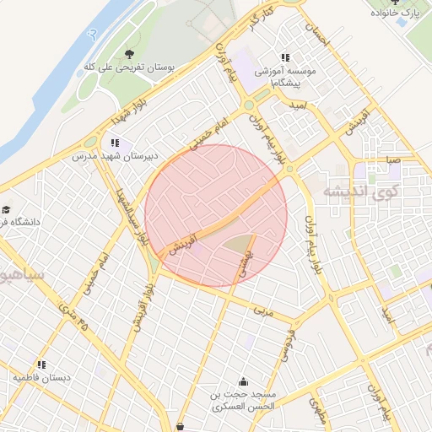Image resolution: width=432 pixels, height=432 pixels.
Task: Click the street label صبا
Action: [x=391, y=159]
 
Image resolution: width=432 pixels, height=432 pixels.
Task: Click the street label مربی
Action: [x=264, y=310]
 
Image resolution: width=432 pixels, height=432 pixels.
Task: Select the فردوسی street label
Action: [x=293, y=337]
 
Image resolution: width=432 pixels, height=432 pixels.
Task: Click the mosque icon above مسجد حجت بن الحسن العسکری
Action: [x=244, y=381]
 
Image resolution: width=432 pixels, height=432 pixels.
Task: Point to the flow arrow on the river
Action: [x=93, y=35]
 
